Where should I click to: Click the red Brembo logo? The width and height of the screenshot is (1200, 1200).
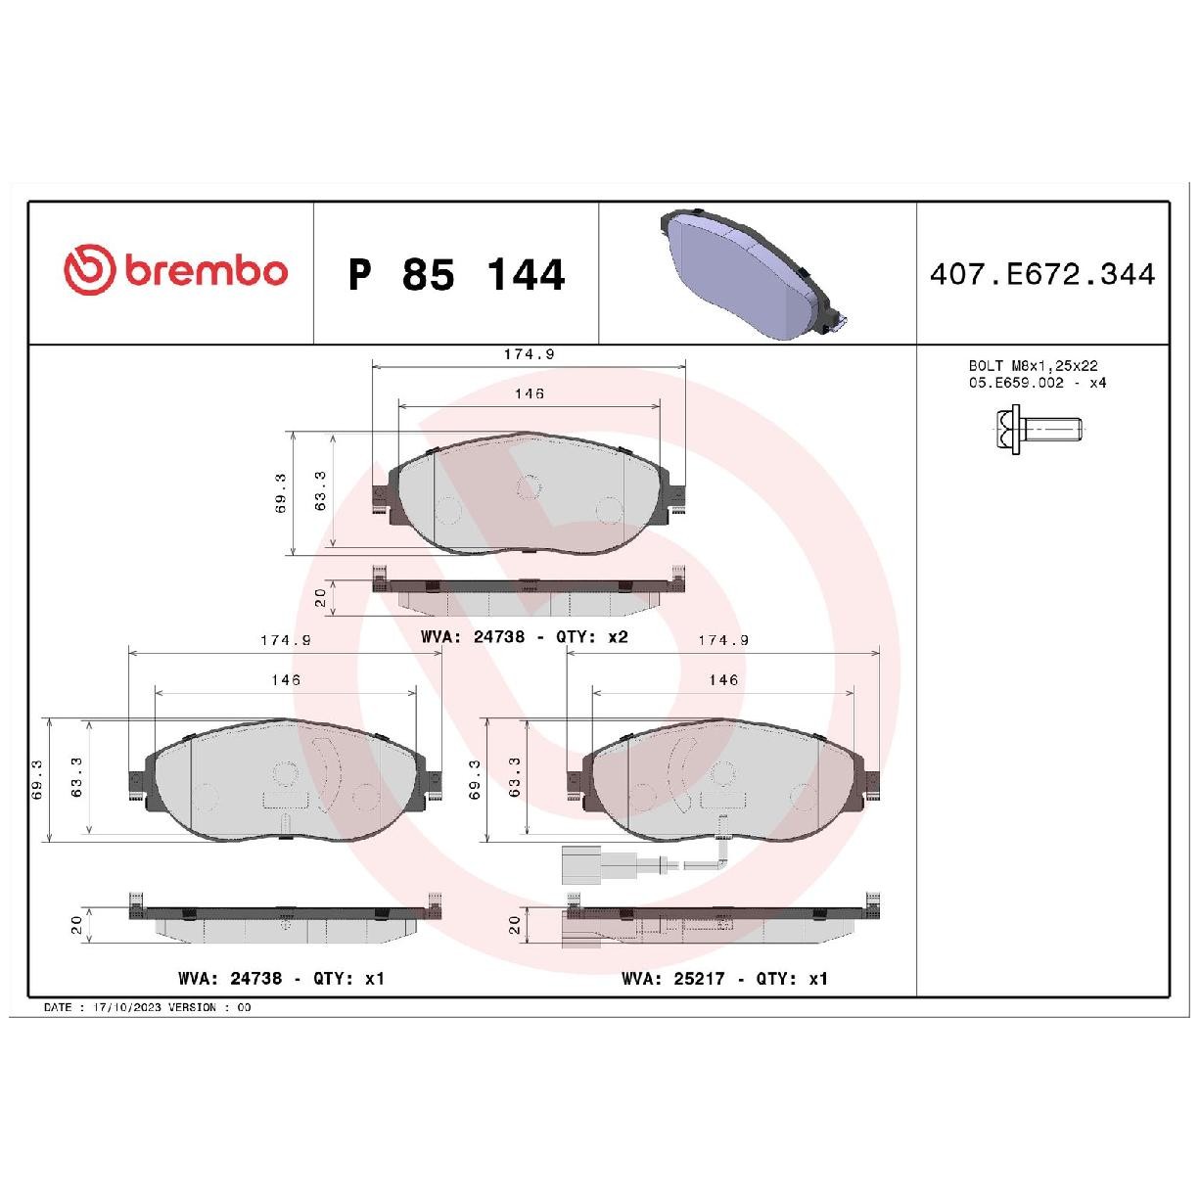[175, 269]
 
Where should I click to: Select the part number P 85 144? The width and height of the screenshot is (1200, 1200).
[456, 274]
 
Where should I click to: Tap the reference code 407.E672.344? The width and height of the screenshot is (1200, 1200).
[1041, 274]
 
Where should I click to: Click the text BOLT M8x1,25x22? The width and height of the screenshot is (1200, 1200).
[1033, 365]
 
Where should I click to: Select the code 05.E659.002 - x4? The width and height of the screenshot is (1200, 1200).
[1038, 383]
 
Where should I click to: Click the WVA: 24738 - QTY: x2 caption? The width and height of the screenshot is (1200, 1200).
[525, 636]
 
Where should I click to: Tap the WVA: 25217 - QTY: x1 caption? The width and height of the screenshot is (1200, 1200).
[724, 979]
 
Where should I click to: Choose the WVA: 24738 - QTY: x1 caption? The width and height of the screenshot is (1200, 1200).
[281, 979]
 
